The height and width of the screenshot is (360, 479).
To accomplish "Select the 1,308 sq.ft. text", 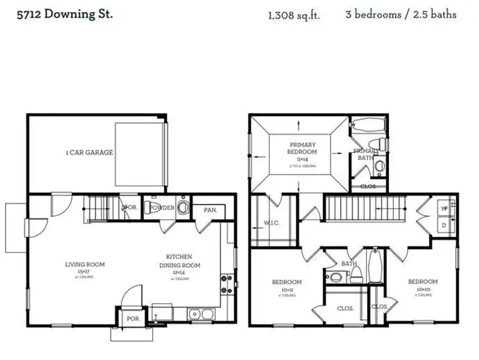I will tap(294, 15).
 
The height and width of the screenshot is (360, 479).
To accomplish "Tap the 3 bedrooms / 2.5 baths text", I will tap(400, 14).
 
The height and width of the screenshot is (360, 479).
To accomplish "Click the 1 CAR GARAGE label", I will tap(89, 152).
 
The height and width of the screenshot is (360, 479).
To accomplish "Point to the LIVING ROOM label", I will tap(85, 264).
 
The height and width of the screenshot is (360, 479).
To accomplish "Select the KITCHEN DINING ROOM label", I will tap(179, 260).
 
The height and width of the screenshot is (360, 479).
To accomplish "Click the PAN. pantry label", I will tap(210, 209).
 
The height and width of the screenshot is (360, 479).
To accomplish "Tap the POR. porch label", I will tap(133, 319).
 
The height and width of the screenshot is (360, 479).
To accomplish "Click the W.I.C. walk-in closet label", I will tap(271, 224).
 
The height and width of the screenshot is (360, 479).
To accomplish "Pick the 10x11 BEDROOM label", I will tap(286, 282).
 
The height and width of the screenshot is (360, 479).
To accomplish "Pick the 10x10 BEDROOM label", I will tap(423, 281).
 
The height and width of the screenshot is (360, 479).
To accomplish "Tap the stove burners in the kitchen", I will tap(227, 283).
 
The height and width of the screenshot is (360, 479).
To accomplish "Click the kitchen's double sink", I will tap(200, 313).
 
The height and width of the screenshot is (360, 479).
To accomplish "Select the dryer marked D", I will tap(444, 224).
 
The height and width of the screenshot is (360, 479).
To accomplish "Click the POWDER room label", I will tap(161, 208).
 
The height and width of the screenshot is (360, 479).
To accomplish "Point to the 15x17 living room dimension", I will tap(85, 272).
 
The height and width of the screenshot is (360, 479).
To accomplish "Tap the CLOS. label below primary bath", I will tap(368, 187).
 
